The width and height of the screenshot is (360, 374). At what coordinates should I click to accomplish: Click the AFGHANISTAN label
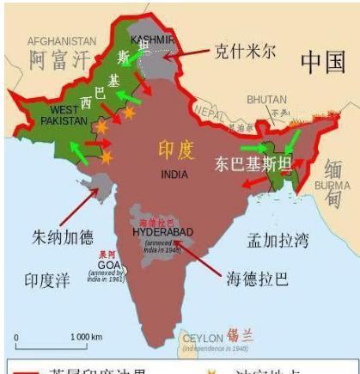point(61,40)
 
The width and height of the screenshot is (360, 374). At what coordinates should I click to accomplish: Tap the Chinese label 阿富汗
point(58,61)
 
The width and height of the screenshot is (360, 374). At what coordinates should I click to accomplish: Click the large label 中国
point(322,61)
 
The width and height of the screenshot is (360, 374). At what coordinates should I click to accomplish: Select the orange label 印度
point(175,150)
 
